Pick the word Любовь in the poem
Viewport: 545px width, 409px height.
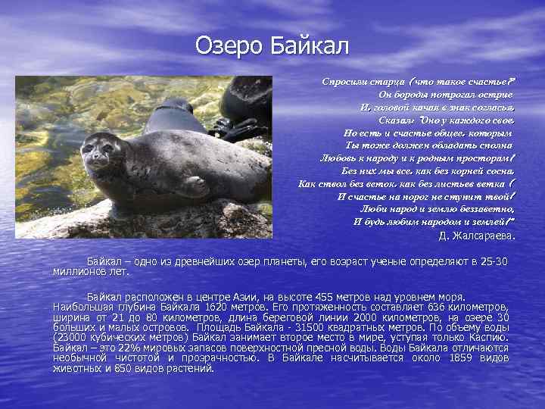pyautogui.click(x=338, y=158)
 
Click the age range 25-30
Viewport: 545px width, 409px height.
pyautogui.click(x=494, y=262)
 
